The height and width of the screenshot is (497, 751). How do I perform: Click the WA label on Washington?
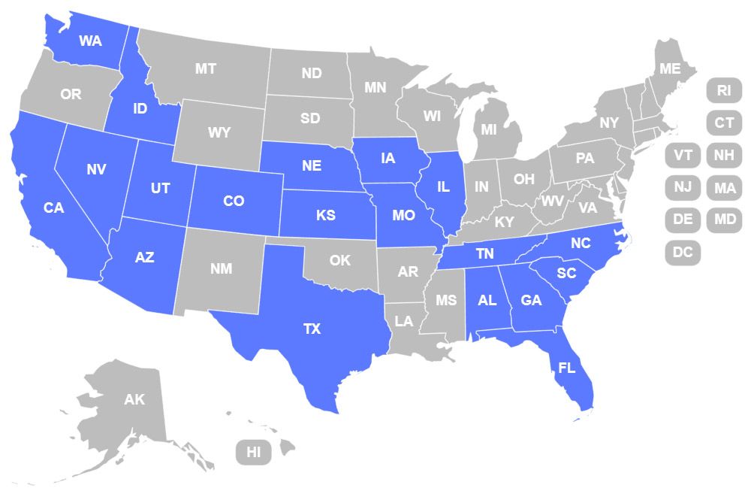pyautogui.click(x=90, y=41)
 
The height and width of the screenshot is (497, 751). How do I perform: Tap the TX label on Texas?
pyautogui.click(x=312, y=329)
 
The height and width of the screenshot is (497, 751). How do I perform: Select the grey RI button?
pyautogui.click(x=724, y=90)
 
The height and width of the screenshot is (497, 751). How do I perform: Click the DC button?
pyautogui.click(x=683, y=253)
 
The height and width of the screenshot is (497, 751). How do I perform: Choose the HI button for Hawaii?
pyautogui.click(x=254, y=452)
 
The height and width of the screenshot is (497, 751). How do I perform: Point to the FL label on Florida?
pyautogui.click(x=567, y=368)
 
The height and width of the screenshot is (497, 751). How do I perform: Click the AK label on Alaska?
pyautogui.click(x=134, y=399)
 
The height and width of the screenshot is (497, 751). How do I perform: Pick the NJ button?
pyautogui.click(x=683, y=186)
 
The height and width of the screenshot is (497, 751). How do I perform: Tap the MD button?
pyautogui.click(x=725, y=220)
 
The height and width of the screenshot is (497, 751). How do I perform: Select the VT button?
pyautogui.click(x=683, y=155)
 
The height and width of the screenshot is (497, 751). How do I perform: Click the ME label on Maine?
pyautogui.click(x=670, y=68)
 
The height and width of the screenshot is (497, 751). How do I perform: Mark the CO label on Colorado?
pyautogui.click(x=234, y=201)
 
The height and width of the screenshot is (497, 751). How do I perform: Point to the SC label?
pyautogui.click(x=566, y=273)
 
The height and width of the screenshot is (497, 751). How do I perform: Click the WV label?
pyautogui.click(x=553, y=201)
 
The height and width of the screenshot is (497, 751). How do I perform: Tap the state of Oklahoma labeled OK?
pyautogui.click(x=340, y=260)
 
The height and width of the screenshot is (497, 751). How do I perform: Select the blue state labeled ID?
pyautogui.click(x=140, y=108)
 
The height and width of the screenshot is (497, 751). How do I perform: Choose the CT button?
pyautogui.click(x=724, y=123)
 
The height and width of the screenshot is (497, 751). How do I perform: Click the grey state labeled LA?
pyautogui.click(x=404, y=321)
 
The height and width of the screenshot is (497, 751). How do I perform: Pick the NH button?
pyautogui.click(x=724, y=155)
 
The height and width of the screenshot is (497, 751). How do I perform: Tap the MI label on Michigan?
pyautogui.click(x=489, y=129)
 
